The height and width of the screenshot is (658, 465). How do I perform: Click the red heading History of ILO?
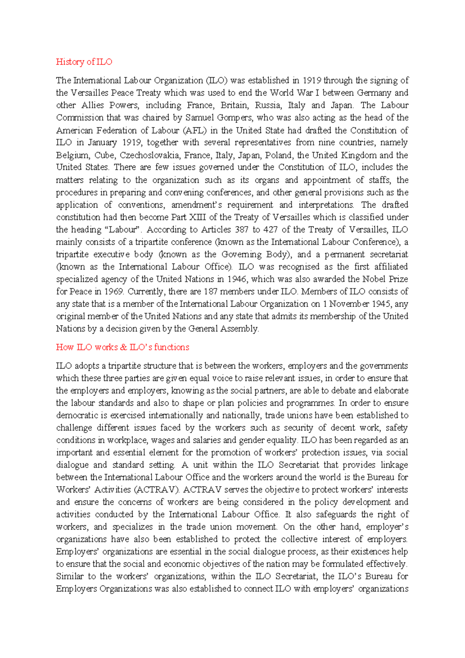click(x=84, y=62)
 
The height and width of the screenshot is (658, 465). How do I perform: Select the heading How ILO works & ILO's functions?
click(x=122, y=347)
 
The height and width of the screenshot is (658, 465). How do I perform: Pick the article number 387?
click(x=241, y=230)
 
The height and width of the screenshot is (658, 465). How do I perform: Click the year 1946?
click(x=237, y=279)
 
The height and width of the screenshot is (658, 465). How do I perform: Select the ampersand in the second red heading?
click(x=124, y=347)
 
